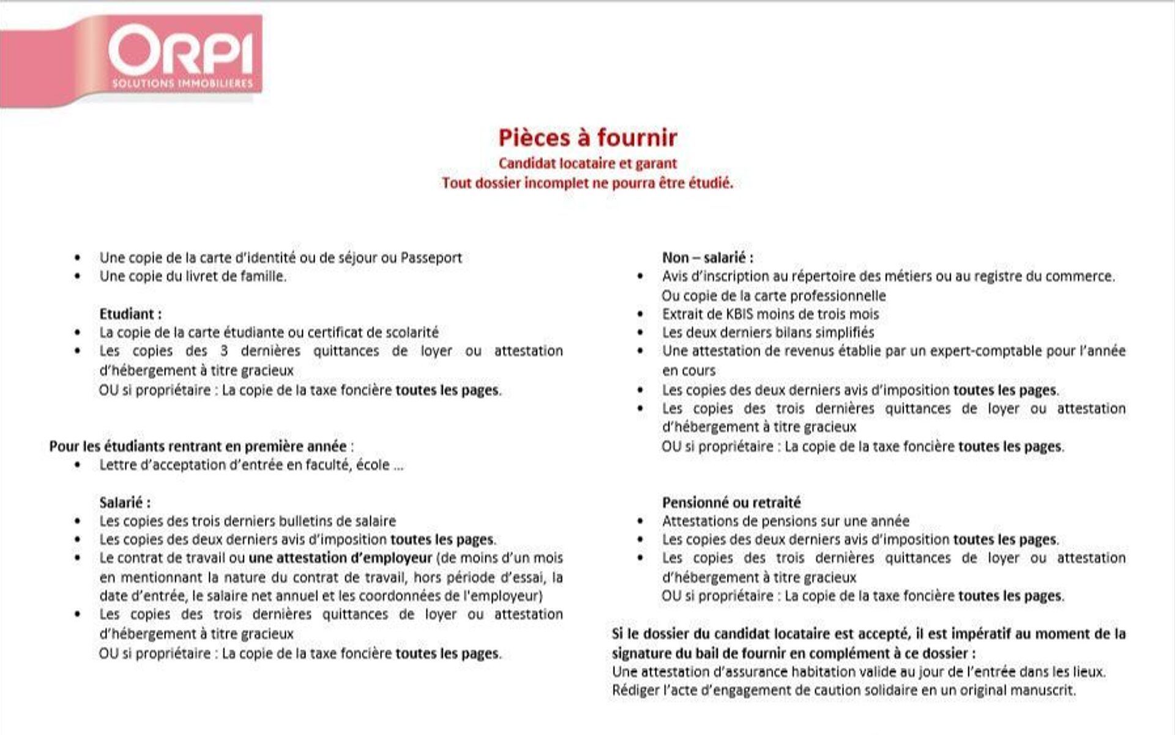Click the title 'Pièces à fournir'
tap(587, 137)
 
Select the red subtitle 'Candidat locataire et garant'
tap(587, 164)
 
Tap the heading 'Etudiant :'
tap(130, 314)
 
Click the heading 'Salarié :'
tap(125, 503)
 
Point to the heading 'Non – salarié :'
tap(707, 258)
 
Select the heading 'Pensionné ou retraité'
tap(731, 503)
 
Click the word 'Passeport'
tap(431, 258)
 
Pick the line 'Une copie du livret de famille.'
tap(193, 276)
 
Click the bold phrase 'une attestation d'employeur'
tap(341, 558)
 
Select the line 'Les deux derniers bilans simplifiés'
tap(768, 333)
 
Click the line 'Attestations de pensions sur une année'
tap(786, 521)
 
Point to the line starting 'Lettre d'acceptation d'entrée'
tap(252, 465)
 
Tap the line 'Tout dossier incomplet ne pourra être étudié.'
tap(587, 183)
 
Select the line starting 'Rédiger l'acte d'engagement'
tap(844, 690)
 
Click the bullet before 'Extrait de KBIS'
tap(641, 315)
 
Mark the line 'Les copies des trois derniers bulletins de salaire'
tap(248, 521)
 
